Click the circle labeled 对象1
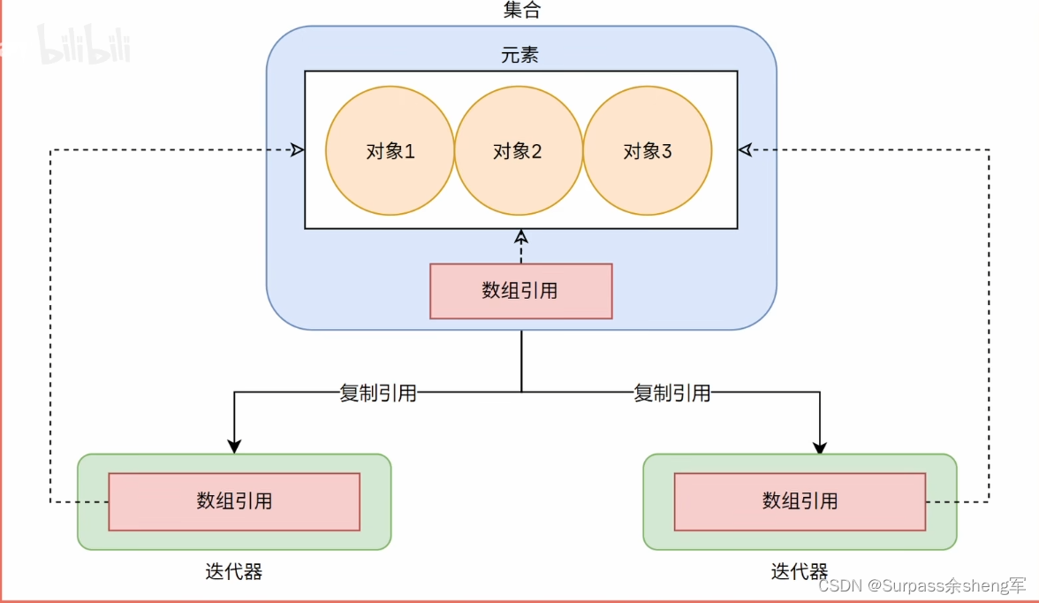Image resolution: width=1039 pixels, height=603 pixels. pos(390,151)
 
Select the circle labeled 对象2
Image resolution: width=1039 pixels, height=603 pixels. pos(518,151)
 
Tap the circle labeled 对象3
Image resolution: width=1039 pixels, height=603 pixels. pos(647,151)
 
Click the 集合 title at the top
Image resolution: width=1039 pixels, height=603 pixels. pos(520,11)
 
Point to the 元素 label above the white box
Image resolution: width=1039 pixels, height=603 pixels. pos(520,55)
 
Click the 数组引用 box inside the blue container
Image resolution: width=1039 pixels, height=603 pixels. pos(520,291)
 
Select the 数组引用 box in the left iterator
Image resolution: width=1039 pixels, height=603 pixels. pos(234,501)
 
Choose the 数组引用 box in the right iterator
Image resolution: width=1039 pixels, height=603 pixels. pos(800,501)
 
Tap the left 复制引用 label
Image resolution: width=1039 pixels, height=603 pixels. pos(378,393)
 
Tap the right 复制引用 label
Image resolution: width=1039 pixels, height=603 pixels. pos(672,393)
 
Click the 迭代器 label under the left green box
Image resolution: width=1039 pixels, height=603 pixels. pos(234,572)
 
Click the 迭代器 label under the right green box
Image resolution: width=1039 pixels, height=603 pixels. pos(800,572)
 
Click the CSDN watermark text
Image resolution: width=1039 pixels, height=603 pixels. pos(922,586)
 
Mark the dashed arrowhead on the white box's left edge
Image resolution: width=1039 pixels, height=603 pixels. pos(298,150)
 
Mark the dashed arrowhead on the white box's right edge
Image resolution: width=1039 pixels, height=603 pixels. pos(745,150)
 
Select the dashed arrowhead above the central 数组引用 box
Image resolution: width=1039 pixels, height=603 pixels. pos(521,236)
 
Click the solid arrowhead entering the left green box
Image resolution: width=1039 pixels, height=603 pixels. pos(234,447)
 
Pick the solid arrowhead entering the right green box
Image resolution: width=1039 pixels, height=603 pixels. pos(820,447)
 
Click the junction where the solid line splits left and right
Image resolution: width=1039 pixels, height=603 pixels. pos(521,392)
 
